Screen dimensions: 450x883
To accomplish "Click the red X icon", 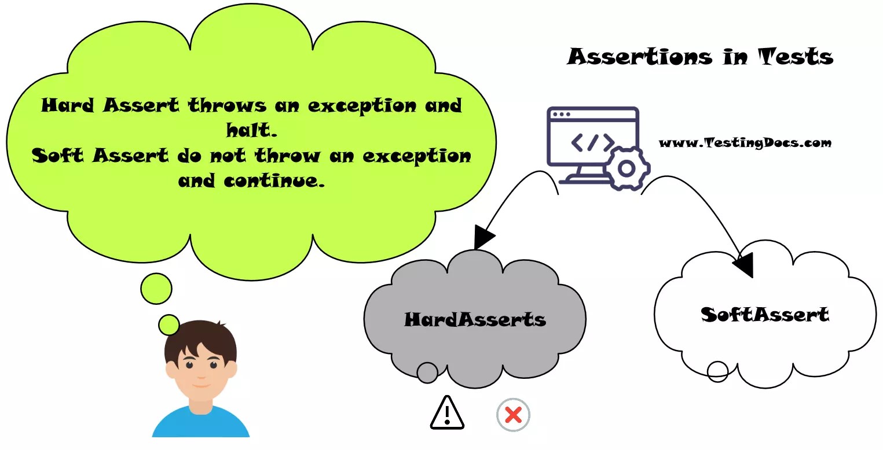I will pyautogui.click(x=513, y=415).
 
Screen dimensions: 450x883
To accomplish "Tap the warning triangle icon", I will pyautogui.click(x=447, y=413).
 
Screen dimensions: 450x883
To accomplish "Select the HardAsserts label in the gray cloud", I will pyautogui.click(x=475, y=319).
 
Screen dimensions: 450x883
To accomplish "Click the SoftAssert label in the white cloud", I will pyautogui.click(x=765, y=315).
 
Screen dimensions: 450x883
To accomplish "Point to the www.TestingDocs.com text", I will pyautogui.click(x=745, y=143).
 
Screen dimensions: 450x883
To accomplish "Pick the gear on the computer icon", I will pyautogui.click(x=626, y=168).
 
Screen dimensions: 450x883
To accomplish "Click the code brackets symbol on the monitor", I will pyautogui.click(x=593, y=142).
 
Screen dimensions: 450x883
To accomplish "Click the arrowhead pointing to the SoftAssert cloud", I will pyautogui.click(x=743, y=265).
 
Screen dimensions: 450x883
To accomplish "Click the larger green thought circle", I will pyautogui.click(x=156, y=289).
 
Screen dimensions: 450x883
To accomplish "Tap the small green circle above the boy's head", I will pyautogui.click(x=169, y=324).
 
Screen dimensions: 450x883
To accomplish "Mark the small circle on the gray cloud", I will pyautogui.click(x=427, y=372).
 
